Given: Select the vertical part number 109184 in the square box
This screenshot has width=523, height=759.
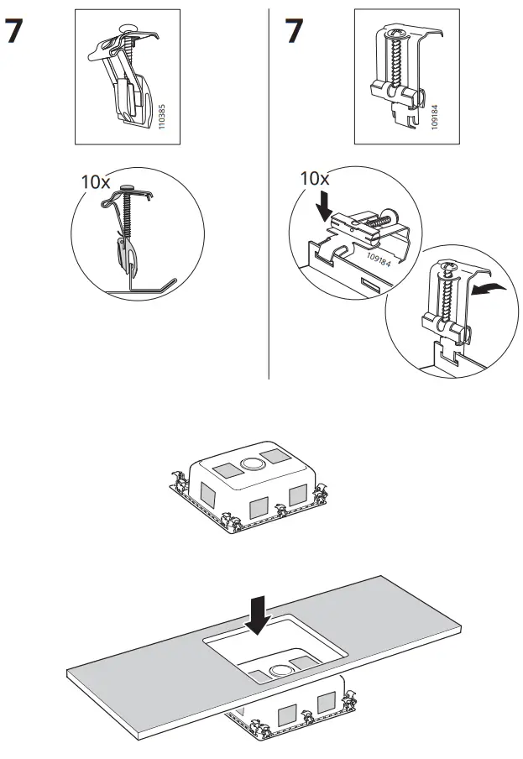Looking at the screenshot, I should click(432, 114).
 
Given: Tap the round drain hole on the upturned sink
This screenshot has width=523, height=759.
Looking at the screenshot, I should click(250, 463).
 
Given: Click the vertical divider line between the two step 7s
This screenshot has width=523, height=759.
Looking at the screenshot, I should click(269, 193).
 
